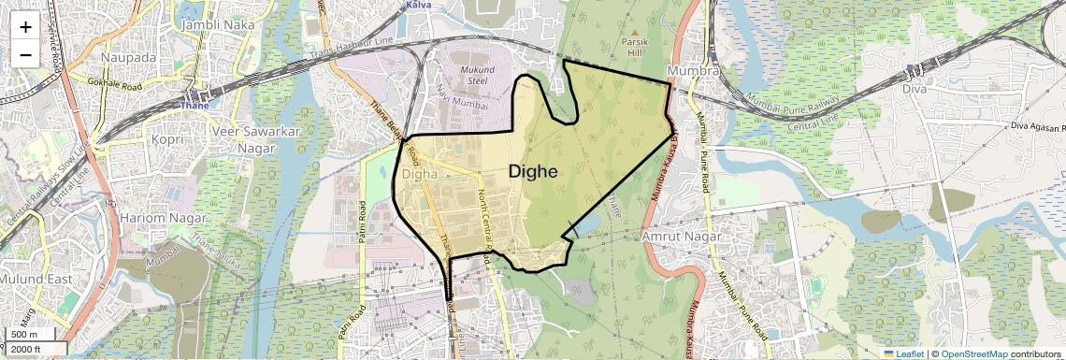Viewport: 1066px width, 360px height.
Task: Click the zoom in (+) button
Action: [25, 27]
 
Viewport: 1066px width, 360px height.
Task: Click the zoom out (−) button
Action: [25, 55]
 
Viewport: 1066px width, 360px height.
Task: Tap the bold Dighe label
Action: [533, 171]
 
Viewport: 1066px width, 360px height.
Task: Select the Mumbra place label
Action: [693, 71]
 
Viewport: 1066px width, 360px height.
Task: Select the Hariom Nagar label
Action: [154, 217]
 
